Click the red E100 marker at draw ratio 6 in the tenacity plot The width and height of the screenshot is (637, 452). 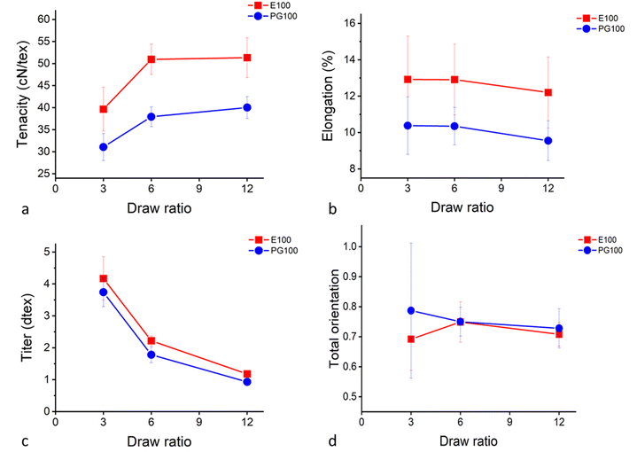point(151,59)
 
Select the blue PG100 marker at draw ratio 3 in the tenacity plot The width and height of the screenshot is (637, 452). point(104,147)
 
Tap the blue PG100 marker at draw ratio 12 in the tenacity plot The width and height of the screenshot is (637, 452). point(247,107)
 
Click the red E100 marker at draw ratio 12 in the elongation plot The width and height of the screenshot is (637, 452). point(548,92)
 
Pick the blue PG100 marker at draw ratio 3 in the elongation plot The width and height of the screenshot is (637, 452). point(408,125)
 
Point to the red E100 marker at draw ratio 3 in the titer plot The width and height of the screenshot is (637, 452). point(104,278)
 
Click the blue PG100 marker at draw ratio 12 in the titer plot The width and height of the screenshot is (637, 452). point(247,382)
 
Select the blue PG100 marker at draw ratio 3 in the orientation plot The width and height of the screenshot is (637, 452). point(410,310)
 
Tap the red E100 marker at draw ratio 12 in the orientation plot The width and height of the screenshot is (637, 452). point(559,334)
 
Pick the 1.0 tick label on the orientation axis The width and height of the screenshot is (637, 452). point(347,245)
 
